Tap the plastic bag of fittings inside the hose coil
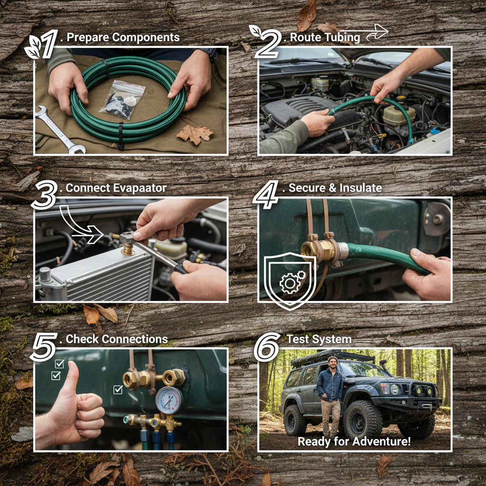[123, 100]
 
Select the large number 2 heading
[268, 43]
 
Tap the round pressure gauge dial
[169, 400]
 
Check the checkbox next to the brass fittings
[118, 389]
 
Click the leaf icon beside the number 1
[33, 47]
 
